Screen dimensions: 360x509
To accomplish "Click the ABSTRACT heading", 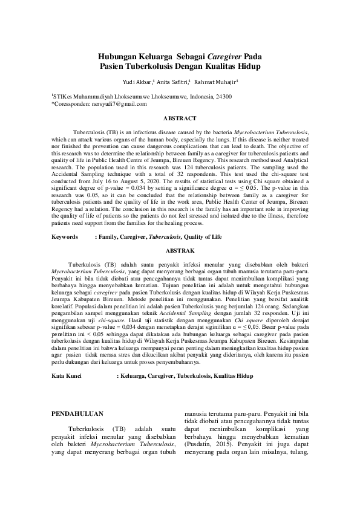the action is (180, 118).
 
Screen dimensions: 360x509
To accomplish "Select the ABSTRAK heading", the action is (180, 266).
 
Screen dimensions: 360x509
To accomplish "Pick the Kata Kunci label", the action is (67, 376).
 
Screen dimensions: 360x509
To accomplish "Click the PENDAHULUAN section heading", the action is (78, 414).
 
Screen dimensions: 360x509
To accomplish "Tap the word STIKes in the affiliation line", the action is (64, 96).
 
